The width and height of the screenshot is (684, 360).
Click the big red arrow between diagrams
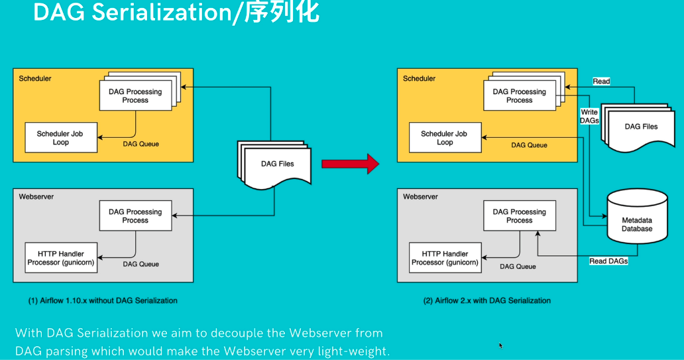[x=350, y=162]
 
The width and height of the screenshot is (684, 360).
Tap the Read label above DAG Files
[x=601, y=82]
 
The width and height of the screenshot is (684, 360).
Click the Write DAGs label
[x=589, y=117]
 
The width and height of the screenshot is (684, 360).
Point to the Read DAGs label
[x=608, y=261]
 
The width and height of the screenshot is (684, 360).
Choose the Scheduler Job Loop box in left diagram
[x=61, y=138]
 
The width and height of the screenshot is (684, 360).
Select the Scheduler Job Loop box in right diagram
[x=445, y=138]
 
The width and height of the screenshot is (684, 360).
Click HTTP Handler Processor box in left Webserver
[x=61, y=258]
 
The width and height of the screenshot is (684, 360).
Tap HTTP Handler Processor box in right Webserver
[x=445, y=258]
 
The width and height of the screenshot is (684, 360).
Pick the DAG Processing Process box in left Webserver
[x=135, y=216]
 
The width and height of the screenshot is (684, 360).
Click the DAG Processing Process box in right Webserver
[x=520, y=216]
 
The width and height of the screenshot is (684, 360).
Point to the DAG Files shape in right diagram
[x=641, y=127]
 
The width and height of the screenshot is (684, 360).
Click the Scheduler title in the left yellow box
[x=35, y=78]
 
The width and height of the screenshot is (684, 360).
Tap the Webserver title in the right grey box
[x=420, y=197]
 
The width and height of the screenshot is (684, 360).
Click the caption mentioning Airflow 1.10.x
[x=103, y=300]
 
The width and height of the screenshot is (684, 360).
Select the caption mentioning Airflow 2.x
[x=487, y=300]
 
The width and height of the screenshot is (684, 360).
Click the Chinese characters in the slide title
[x=282, y=13]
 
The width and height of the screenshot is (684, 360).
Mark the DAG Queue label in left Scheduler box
[x=141, y=144]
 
